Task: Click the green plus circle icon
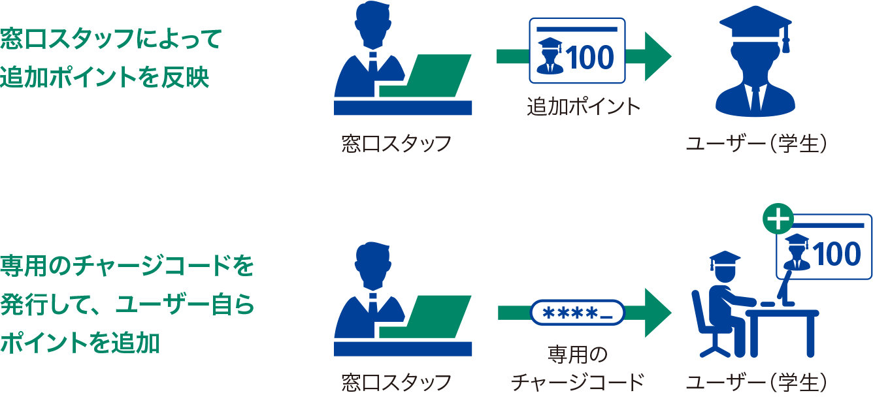(778, 221)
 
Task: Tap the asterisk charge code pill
(577, 313)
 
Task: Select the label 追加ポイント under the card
(584, 107)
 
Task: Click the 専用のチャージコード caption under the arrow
(578, 369)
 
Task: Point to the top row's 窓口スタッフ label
(397, 144)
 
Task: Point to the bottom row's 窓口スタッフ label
(397, 383)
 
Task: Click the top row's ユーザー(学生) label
(756, 144)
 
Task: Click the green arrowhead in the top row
(657, 57)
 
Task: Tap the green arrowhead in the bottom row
(657, 313)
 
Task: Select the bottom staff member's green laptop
(428, 317)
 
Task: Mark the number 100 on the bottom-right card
(838, 253)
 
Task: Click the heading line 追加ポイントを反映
(105, 77)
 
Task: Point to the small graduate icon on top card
(549, 55)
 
